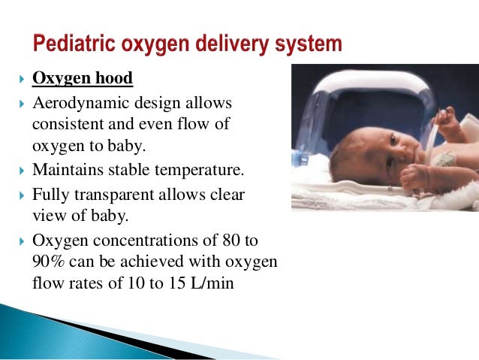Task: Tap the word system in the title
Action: [310, 43]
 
